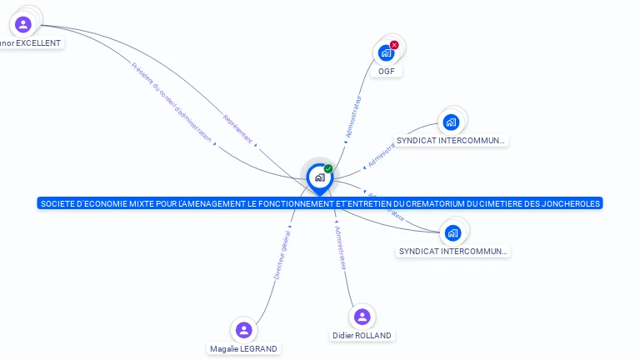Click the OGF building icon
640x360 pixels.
pos(386,52)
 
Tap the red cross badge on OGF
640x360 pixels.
pos(394,45)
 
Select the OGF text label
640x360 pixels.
pos(386,72)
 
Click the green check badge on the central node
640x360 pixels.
pos(328,168)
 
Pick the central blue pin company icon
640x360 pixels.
pos(319,177)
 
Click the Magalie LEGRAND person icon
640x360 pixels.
pos(243,330)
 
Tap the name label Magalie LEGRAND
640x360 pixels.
pos(243,348)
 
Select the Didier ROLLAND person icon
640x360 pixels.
pos(362,317)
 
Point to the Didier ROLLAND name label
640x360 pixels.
pos(362,335)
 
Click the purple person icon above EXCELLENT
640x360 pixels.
pos(23,24)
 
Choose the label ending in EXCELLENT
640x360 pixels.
pos(32,42)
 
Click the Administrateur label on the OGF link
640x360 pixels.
pos(353,117)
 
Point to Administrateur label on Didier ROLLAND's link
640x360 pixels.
pos(339,247)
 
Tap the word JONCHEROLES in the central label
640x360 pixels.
pos(571,203)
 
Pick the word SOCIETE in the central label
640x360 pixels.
pos(56,203)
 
